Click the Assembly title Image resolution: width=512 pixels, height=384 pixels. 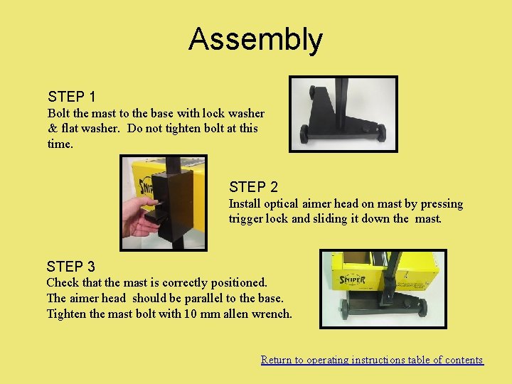pyautogui.click(x=256, y=40)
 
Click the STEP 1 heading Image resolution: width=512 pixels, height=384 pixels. pyautogui.click(x=72, y=97)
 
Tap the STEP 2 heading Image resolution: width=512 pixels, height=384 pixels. pyautogui.click(x=253, y=187)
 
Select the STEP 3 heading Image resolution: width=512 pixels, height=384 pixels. pyautogui.click(x=71, y=267)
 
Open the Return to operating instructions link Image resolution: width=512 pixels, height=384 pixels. pyautogui.click(x=372, y=360)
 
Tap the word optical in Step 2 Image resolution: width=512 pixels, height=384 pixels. pyautogui.click(x=281, y=204)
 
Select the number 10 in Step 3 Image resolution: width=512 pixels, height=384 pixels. pyautogui.click(x=191, y=314)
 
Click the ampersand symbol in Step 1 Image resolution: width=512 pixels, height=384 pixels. pyautogui.click(x=53, y=128)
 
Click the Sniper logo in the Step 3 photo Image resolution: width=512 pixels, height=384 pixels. pyautogui.click(x=352, y=279)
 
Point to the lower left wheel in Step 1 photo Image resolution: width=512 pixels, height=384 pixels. pyautogui.click(x=304, y=134)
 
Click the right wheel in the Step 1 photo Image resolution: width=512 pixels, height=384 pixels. pyautogui.click(x=381, y=133)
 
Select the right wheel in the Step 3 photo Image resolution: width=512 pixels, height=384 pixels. pyautogui.click(x=422, y=307)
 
